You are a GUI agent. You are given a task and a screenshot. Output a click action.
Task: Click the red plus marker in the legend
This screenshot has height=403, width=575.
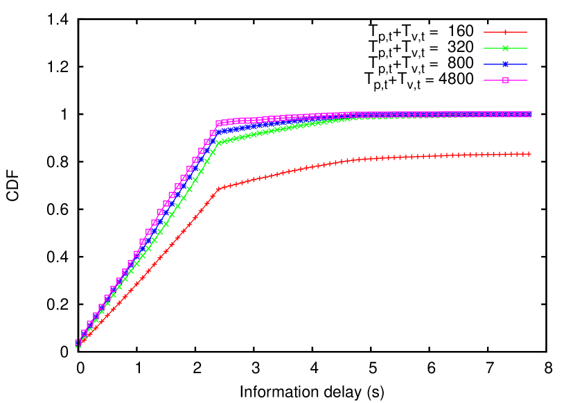(505, 32)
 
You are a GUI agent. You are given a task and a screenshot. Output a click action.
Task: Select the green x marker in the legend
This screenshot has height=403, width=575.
(505, 48)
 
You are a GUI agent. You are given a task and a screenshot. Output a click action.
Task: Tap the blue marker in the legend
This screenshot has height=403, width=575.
(505, 64)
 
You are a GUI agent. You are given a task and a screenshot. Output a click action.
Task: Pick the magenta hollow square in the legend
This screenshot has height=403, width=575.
(505, 80)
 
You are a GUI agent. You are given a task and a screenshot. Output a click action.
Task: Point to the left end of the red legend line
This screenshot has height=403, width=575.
(484, 32)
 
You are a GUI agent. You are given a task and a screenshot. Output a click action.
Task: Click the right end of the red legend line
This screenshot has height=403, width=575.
(527, 32)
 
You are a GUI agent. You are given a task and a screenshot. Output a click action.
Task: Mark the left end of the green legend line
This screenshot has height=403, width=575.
(484, 48)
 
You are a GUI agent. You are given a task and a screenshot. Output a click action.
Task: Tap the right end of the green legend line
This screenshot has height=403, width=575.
(527, 48)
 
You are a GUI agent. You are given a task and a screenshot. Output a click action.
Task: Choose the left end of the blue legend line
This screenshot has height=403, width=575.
(484, 64)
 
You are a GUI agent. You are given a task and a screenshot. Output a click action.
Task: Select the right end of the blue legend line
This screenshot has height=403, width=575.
(527, 64)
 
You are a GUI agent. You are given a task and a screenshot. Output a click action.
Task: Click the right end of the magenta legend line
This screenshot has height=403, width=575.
(527, 80)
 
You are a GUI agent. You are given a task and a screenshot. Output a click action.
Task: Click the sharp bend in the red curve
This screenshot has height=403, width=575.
(218, 188)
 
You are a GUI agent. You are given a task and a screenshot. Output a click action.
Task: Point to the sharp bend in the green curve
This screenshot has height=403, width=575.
(218, 142)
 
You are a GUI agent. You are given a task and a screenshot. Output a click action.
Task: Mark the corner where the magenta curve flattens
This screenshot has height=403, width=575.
(218, 123)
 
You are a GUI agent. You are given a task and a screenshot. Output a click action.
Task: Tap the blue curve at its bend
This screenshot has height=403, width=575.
(218, 131)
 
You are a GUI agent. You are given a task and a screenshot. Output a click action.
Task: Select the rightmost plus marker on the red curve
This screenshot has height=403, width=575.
(529, 153)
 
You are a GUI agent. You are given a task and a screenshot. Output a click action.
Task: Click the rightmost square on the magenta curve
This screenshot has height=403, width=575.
(529, 114)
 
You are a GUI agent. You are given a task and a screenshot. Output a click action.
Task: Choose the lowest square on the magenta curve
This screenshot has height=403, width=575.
(78, 342)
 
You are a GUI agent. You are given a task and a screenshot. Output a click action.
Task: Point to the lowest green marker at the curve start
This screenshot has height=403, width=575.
(78, 344)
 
